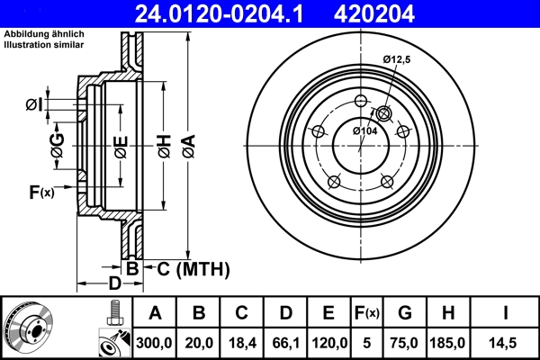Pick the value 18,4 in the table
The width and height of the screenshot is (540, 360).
point(241,342)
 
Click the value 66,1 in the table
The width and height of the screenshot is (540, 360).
point(285,342)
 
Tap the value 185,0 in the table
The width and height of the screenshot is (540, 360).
point(450,342)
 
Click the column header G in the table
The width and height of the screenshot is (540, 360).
point(405,313)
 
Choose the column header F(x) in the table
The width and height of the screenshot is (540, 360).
point(368,313)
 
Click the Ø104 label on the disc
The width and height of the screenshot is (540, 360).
point(364,131)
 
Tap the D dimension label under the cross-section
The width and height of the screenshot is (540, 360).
point(114,284)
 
